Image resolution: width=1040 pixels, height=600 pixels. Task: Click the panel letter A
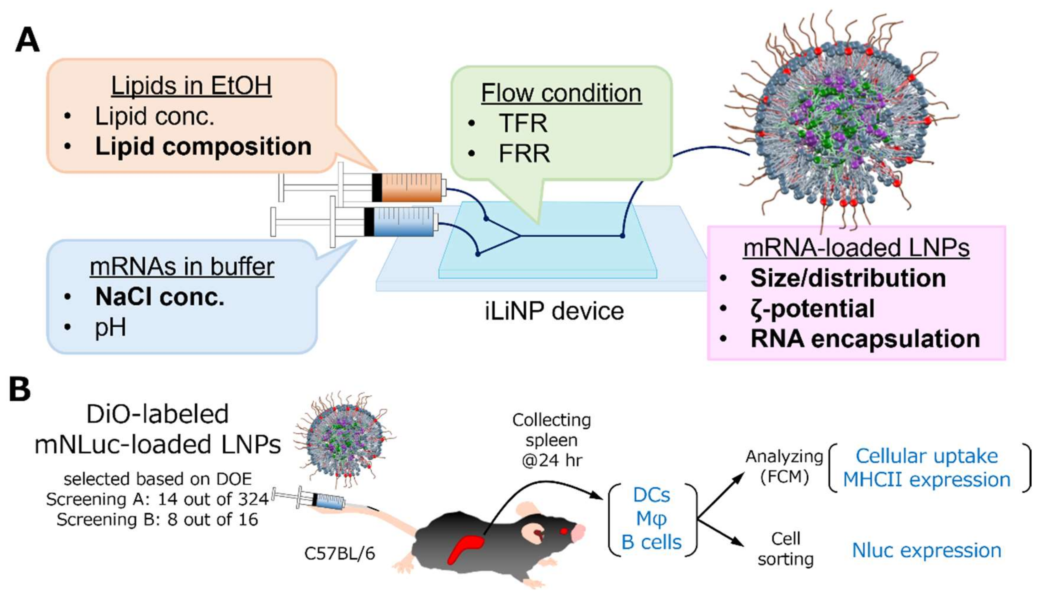[x=27, y=40]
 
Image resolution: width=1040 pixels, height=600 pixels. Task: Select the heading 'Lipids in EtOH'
[x=191, y=86]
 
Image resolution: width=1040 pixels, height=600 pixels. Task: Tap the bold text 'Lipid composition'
[x=203, y=146]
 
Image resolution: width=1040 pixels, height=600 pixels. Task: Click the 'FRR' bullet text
[x=524, y=154]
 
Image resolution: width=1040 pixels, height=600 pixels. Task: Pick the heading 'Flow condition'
[x=561, y=93]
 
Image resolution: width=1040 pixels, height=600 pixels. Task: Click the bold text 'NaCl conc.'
[x=160, y=297]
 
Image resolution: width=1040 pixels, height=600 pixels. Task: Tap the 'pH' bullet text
[x=110, y=328]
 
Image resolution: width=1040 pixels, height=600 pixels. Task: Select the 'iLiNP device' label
[x=554, y=311]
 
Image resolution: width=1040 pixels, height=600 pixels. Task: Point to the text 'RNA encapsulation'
[x=865, y=339]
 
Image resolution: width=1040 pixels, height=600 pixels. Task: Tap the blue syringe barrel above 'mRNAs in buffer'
[x=403, y=222]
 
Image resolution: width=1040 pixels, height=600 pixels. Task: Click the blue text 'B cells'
[x=651, y=542]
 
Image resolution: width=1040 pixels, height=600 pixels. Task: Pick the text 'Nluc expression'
[x=926, y=550]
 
